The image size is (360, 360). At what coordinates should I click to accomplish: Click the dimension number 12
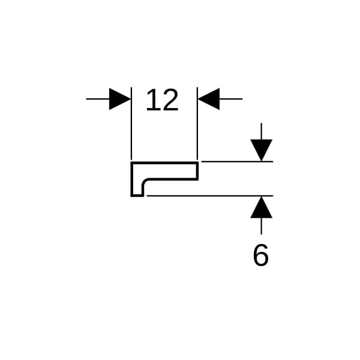(x=162, y=100)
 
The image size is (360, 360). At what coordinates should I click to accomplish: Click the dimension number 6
(x=261, y=255)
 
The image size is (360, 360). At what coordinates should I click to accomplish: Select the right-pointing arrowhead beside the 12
(x=120, y=99)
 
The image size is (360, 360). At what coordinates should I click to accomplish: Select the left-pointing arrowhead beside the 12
(x=209, y=99)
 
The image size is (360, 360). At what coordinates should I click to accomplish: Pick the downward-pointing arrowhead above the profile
(x=261, y=150)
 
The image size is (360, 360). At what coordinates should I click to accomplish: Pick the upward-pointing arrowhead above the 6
(x=261, y=207)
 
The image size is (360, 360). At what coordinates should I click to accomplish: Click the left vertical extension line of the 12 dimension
(x=131, y=123)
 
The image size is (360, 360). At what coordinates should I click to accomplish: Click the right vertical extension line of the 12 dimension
(x=197, y=123)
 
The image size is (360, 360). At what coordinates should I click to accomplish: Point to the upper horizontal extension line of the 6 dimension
(x=237, y=161)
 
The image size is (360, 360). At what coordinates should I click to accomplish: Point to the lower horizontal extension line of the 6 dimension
(x=210, y=196)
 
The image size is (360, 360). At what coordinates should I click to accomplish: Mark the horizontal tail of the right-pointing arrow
(x=98, y=99)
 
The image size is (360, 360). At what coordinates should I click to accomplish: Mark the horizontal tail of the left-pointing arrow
(x=231, y=99)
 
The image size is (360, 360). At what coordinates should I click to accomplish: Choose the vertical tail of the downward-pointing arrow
(x=261, y=131)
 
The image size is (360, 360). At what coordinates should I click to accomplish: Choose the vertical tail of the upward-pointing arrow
(x=261, y=226)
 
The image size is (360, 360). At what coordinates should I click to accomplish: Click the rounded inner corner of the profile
(x=145, y=181)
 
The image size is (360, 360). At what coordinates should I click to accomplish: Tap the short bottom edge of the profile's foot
(x=137, y=196)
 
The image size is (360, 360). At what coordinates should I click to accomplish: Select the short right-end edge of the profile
(x=197, y=171)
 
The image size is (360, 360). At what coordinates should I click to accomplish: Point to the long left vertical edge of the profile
(x=131, y=179)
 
